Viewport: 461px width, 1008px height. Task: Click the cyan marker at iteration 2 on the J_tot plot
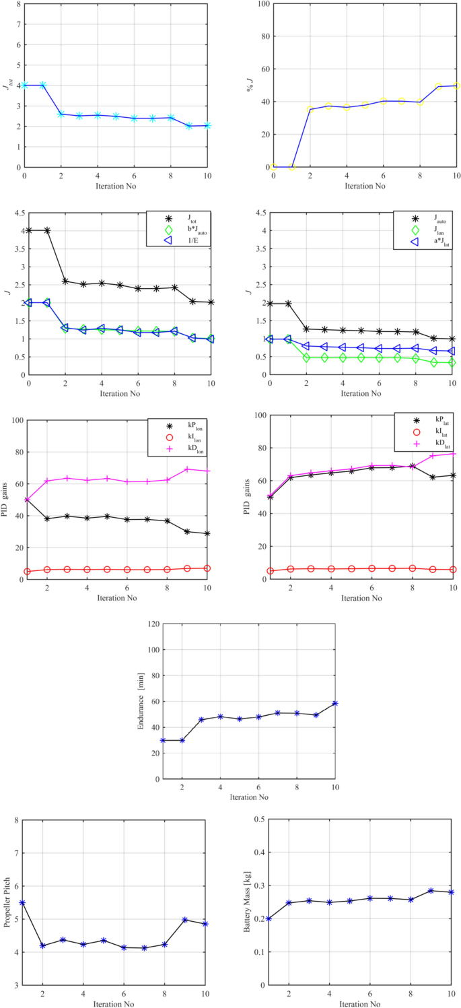click(x=61, y=114)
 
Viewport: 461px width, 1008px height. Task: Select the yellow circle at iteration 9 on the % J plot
click(x=438, y=87)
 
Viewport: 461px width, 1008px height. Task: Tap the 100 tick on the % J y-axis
click(x=264, y=3)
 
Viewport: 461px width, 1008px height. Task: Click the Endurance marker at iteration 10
click(x=335, y=703)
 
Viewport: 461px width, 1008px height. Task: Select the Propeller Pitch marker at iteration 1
click(x=22, y=903)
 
